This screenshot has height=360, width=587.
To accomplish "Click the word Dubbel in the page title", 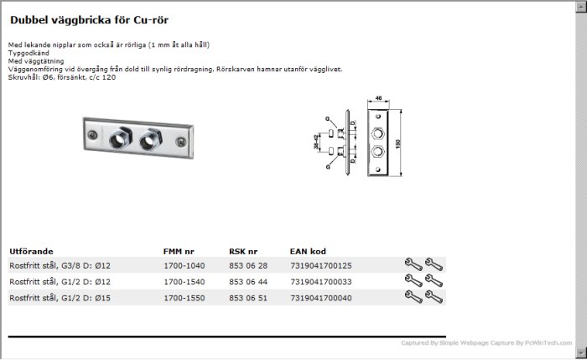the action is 29,20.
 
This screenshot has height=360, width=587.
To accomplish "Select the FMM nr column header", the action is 179,252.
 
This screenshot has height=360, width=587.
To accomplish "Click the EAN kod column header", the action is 308,252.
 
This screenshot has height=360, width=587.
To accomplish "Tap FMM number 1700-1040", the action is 184,266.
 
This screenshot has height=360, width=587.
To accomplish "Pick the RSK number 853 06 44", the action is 248,282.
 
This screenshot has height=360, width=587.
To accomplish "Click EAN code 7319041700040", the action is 321,298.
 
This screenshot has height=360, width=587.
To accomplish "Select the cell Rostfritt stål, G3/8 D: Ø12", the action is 60,266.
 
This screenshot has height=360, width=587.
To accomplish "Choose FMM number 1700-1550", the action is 184,298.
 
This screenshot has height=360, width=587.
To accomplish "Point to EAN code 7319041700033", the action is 321,282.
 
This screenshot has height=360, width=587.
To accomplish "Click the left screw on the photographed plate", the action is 92,135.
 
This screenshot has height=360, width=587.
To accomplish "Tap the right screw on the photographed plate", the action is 181,142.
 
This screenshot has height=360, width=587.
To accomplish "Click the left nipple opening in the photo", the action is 118,139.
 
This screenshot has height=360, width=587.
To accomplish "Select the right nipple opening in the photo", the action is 148,142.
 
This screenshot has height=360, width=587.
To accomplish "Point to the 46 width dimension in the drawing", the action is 378,98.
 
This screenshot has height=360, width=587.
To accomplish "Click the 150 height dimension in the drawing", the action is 398,143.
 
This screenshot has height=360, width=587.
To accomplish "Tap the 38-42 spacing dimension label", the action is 316,142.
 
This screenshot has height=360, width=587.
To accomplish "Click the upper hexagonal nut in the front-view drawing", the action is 377,133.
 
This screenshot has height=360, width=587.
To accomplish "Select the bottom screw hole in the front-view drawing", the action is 377,170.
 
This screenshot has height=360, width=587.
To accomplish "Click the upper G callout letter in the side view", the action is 328,119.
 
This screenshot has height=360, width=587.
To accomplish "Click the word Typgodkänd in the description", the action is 29,53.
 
